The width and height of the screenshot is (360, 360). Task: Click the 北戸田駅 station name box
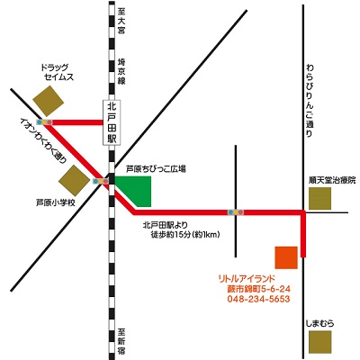[x=112, y=123]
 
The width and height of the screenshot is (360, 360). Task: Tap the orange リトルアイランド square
[x=286, y=257]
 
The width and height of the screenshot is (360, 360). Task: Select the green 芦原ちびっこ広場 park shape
[x=135, y=192]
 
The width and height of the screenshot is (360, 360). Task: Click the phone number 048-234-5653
[x=258, y=299]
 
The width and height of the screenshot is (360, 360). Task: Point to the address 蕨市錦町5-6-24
[x=259, y=289]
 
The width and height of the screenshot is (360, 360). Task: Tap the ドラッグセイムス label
[x=57, y=73]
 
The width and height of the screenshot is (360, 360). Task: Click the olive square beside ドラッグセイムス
[x=49, y=101]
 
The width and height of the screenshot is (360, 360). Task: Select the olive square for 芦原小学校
[x=74, y=181]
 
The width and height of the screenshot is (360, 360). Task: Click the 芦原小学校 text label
[x=56, y=203]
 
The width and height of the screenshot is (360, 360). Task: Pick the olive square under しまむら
[x=320, y=342]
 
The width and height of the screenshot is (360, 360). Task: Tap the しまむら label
[x=319, y=324]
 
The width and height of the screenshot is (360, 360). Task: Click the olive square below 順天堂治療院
[x=319, y=199]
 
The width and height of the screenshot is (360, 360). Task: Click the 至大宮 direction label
[x=121, y=21]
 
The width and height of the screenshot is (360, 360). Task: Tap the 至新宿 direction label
[x=121, y=341]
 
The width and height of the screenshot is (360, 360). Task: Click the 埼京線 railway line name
[x=121, y=71]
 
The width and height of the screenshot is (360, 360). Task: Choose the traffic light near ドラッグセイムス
[x=44, y=122]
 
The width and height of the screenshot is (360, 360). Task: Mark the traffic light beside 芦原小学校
[x=101, y=181]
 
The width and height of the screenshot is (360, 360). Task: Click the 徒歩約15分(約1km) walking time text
[x=185, y=234]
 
